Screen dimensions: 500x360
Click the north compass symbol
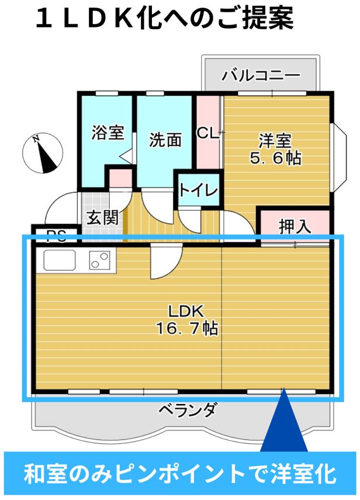[x=41, y=153]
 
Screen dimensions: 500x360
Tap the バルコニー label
[x=261, y=75]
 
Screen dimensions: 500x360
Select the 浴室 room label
[x=108, y=132]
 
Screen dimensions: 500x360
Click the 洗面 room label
[x=165, y=140]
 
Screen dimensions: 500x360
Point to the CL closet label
[x=207, y=133]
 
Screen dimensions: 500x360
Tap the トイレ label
[x=199, y=191]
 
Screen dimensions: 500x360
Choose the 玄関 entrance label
[x=102, y=218]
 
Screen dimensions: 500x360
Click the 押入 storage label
[x=295, y=226]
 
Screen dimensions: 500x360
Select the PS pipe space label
[x=56, y=236]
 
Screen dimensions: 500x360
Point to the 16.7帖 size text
[x=186, y=329]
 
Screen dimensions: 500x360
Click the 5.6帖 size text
[x=274, y=157]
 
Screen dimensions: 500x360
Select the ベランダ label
[x=186, y=410]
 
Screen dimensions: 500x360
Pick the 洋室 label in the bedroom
[x=275, y=141]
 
